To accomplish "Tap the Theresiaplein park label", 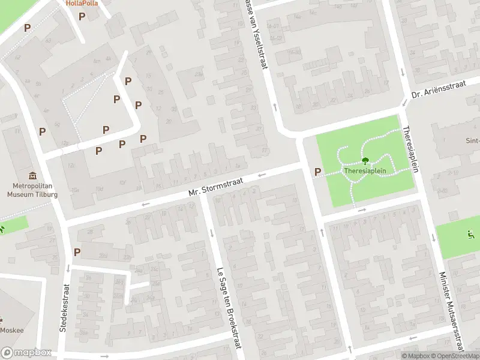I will click(x=364, y=170).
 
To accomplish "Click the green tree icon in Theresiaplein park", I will click(x=365, y=161).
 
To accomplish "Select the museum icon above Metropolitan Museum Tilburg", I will click(x=32, y=176).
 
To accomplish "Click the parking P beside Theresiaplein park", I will click(x=318, y=172).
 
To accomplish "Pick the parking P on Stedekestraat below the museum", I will click(x=77, y=253).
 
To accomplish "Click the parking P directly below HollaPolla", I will click(x=82, y=16).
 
